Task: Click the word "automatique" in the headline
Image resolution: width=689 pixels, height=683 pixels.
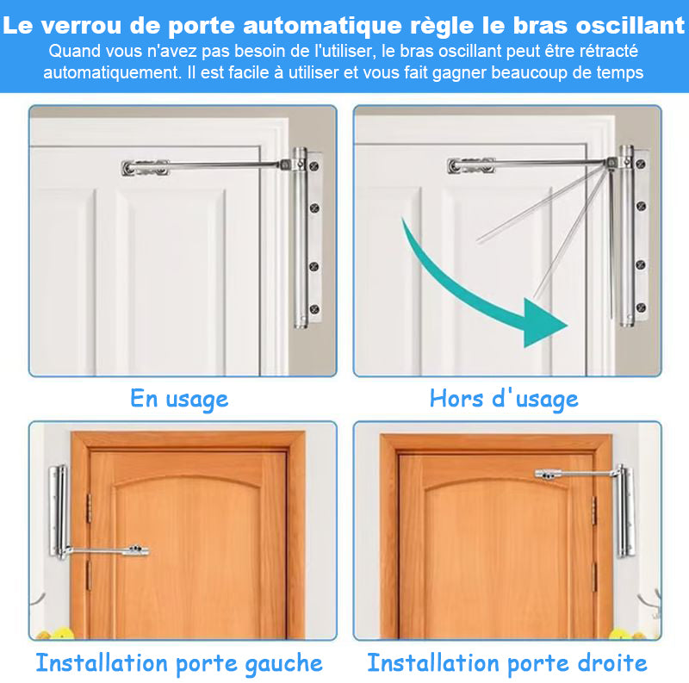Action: [322, 26]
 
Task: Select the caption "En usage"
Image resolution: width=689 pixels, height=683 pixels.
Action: [179, 400]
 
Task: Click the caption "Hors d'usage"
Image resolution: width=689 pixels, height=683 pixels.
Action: [504, 400]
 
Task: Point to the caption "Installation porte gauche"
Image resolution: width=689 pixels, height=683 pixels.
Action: [179, 664]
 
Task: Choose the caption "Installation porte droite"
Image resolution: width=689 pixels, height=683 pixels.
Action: [507, 663]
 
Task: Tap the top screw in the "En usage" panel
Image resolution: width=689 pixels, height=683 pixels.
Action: [314, 166]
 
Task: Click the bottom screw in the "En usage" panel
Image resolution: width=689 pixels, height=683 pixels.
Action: [314, 309]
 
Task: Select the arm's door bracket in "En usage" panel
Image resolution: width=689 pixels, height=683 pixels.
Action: [145, 167]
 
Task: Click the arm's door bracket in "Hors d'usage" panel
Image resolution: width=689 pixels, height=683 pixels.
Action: [471, 165]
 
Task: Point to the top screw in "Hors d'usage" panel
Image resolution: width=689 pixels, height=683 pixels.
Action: [641, 164]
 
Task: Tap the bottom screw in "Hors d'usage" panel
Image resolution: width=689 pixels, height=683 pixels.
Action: [641, 307]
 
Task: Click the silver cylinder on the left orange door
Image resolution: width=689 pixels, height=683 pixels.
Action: [60, 512]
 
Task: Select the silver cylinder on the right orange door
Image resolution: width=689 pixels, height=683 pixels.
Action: [626, 511]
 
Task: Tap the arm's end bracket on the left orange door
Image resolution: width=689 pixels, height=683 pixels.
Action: [136, 550]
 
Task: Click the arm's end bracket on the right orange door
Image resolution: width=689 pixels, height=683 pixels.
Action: [549, 475]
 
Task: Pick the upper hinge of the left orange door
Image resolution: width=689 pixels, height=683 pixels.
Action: [89, 508]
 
